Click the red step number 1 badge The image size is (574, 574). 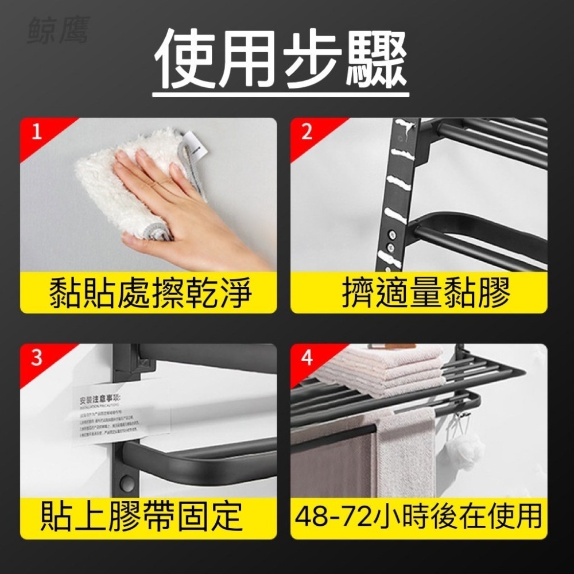(x=37, y=133)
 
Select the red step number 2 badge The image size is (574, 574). (x=307, y=133)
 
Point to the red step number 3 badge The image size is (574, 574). (x=37, y=358)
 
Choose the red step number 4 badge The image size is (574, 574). (x=307, y=358)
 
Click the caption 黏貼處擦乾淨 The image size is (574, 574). (x=149, y=293)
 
